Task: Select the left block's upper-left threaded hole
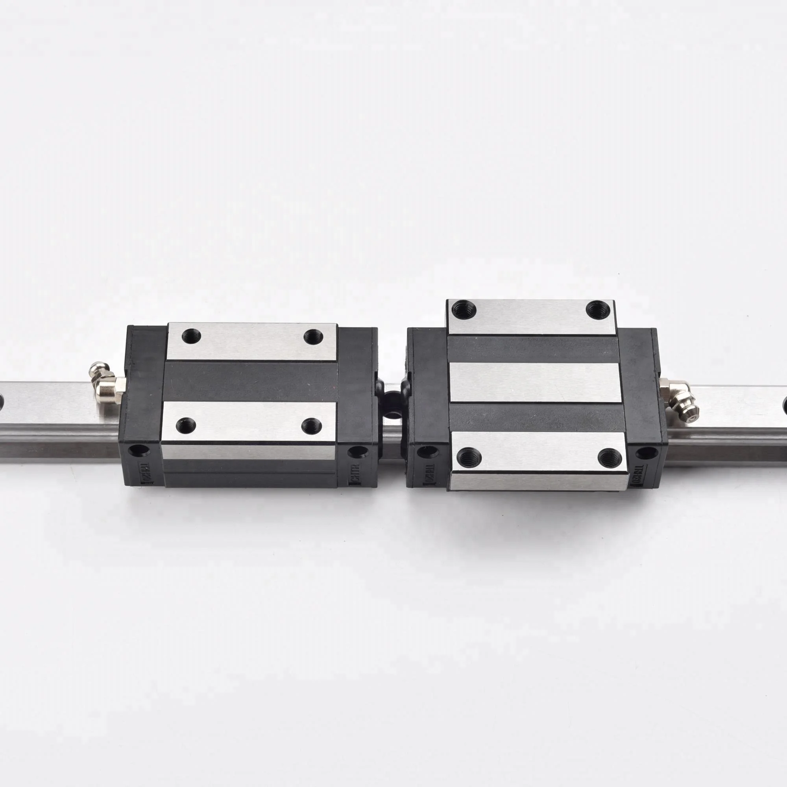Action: [x=191, y=337]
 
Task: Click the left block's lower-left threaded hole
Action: [x=185, y=426]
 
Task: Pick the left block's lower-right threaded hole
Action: [x=312, y=426]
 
